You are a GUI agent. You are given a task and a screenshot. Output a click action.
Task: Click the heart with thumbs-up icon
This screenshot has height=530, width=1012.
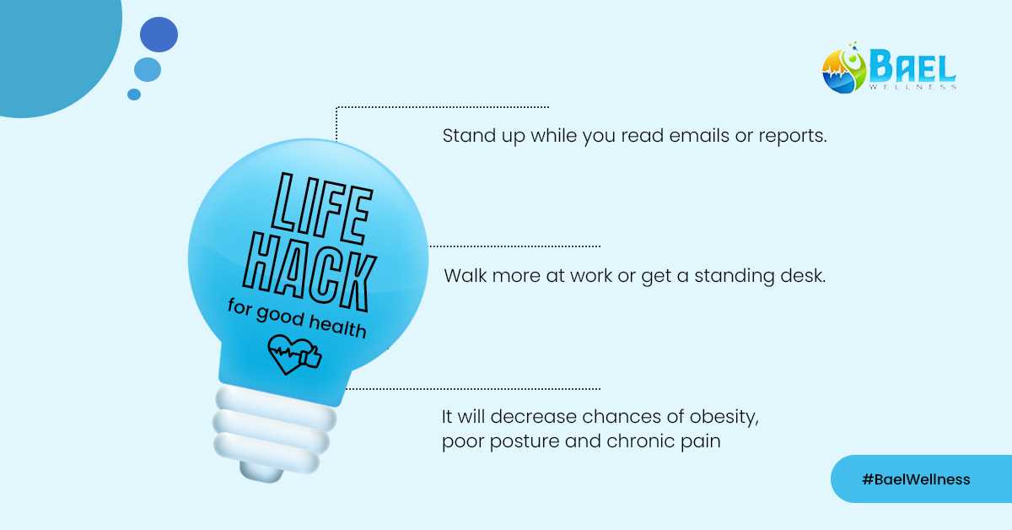point(294,355)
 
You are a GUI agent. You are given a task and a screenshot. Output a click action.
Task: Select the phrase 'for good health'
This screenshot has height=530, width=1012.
point(297,317)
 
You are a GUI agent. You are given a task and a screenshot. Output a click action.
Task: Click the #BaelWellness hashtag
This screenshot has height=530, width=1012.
point(916,479)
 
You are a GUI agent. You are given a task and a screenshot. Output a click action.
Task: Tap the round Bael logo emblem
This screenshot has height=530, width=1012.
point(844,70)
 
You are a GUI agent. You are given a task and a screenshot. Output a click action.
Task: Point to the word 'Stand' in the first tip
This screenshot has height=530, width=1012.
point(465,136)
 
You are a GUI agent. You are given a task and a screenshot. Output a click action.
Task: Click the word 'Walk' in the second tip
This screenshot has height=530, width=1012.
point(463,276)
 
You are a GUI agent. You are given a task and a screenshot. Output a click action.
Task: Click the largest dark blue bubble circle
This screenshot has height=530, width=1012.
point(159,35)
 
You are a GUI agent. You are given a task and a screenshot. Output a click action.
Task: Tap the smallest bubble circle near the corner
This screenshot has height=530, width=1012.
point(134,95)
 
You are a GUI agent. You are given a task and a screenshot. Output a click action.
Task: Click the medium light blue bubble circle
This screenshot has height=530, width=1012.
point(148,69)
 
